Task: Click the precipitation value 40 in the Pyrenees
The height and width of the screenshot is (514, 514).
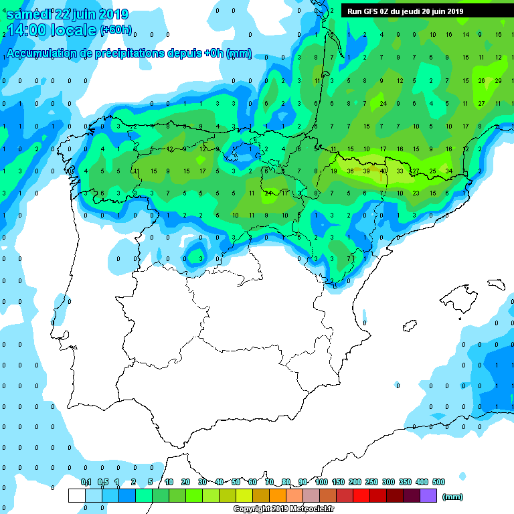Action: pos(383,171)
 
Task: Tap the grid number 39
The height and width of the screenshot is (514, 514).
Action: pos(366,171)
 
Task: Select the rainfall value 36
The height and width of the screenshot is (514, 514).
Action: pos(350,171)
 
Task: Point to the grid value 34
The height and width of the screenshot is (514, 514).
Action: pos(448,171)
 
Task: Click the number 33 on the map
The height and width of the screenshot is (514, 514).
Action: pos(400,171)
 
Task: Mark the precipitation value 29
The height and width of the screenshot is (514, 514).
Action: pos(498,80)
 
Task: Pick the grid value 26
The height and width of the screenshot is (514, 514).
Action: pos(481,80)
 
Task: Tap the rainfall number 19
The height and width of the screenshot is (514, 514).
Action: pos(333,171)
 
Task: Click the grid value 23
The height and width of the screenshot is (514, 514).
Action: pos(416,193)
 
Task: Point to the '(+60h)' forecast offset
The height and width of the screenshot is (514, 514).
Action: pos(116,30)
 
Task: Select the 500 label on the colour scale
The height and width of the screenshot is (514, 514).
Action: pos(438,482)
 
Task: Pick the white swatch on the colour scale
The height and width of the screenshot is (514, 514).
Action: pos(77,495)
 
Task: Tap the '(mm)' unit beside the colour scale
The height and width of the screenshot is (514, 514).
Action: pos(453,497)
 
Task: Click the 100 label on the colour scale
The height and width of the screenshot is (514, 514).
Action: pos(322,482)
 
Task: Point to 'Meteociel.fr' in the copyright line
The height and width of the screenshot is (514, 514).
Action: pos(313,509)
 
